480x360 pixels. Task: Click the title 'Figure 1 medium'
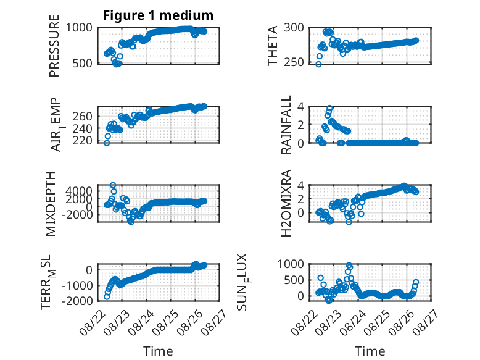tap(159, 15)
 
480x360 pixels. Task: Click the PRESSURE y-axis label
tap(54, 46)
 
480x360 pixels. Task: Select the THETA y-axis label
tap(272, 46)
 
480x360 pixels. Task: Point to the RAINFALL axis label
tap(286, 125)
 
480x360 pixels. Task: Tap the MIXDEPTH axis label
tap(51, 204)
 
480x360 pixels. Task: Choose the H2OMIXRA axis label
tap(286, 203)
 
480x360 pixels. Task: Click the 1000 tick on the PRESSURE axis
tap(79, 28)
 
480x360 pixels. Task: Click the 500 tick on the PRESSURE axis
tap(82, 64)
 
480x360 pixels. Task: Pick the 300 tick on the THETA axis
tap(294, 28)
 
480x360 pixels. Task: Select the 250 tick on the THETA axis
tap(294, 62)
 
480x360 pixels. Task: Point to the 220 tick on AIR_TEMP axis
tap(82, 141)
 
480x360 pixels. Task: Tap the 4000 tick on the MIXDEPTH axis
tap(79, 191)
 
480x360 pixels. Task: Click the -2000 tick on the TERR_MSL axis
tap(77, 301)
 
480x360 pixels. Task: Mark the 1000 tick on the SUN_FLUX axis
tap(291, 264)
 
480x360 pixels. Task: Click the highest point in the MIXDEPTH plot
tap(113, 185)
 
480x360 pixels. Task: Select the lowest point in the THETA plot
tap(318, 64)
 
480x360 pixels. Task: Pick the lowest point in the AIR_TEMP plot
tap(107, 143)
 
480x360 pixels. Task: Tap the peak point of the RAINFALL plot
tap(329, 108)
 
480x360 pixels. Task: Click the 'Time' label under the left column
tap(158, 351)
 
